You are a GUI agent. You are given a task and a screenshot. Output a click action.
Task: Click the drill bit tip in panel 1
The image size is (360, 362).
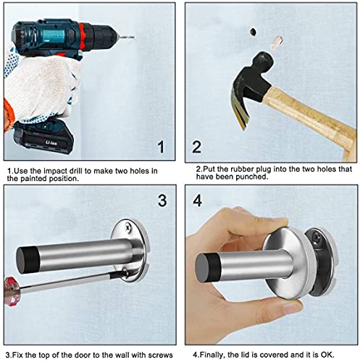tap(134, 37)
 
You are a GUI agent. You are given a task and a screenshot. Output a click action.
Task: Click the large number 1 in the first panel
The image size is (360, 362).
tap(161, 147)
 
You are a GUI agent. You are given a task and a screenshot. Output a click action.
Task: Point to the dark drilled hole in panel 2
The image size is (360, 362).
tap(253, 32)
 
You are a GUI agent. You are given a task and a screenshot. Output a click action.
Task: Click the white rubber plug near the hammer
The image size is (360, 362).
tap(275, 43)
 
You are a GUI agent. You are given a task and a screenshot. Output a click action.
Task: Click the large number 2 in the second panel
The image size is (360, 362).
tap(196, 147)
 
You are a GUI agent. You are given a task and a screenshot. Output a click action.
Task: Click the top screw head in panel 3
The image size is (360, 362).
tap(127, 228)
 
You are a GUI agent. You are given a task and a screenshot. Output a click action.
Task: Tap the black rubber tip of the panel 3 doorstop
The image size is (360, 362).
tap(28, 260)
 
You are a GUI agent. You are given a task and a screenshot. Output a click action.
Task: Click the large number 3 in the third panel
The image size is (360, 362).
tap(162, 201)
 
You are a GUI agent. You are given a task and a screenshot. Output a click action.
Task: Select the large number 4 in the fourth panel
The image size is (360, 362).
tap(198, 201)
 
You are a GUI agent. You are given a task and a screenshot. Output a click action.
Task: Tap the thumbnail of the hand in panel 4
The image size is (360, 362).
tap(293, 308)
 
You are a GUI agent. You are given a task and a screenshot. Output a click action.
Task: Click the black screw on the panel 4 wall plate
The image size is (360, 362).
tap(317, 237)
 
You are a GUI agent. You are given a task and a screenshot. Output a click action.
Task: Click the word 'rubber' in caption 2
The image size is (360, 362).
tap(242, 169)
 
